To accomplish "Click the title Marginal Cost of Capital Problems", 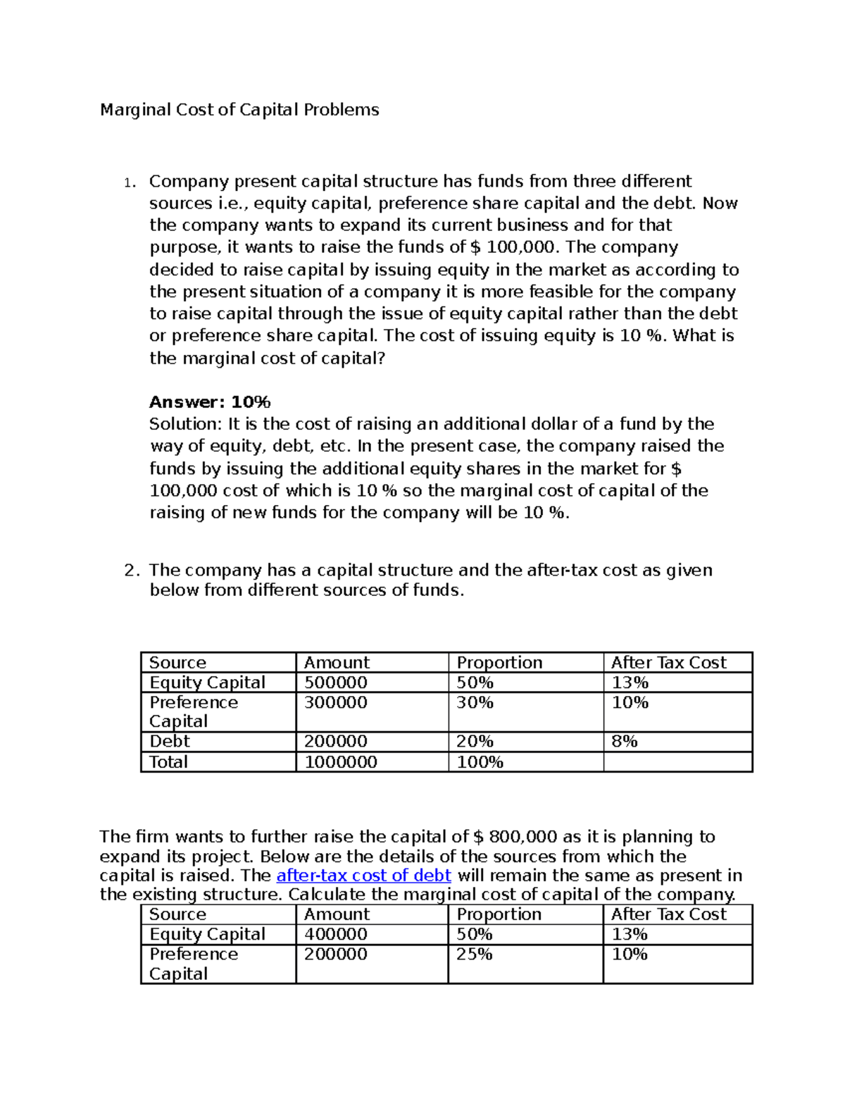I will point(239,110).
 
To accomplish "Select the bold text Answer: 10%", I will point(210,402).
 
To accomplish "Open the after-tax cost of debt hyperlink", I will point(363,876).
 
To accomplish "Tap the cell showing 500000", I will point(336,683).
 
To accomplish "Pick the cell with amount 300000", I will point(336,702).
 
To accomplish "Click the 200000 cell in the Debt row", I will point(336,741).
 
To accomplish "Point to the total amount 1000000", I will point(341,762).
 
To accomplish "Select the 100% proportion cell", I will point(480,762).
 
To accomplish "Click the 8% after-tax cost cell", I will point(625,741).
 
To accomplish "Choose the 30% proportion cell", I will point(475,702).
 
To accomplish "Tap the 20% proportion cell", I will point(475,741).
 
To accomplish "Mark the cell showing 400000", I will point(336,934).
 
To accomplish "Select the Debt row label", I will point(170,741).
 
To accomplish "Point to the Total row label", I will point(168,762).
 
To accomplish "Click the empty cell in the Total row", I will point(677,762).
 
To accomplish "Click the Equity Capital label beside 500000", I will point(207,683).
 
